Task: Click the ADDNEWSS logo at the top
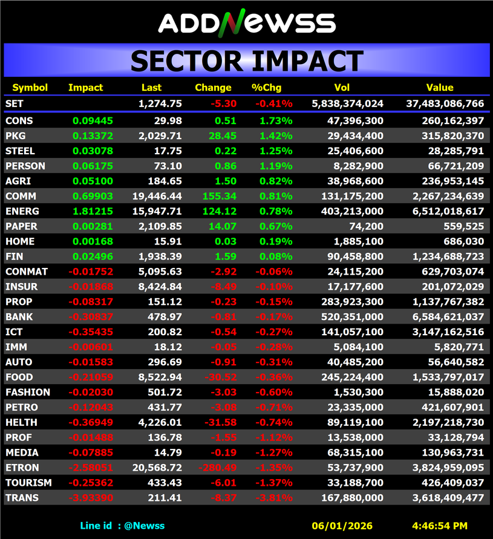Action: click(246, 23)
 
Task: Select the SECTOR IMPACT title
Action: click(246, 60)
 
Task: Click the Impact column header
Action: click(85, 88)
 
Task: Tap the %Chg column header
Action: click(264, 88)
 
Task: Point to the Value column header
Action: click(440, 88)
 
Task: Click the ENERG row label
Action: click(22, 211)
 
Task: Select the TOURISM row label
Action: click(28, 483)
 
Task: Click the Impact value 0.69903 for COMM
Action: click(93, 196)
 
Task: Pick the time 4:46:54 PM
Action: click(439, 526)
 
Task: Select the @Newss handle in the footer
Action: click(145, 526)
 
